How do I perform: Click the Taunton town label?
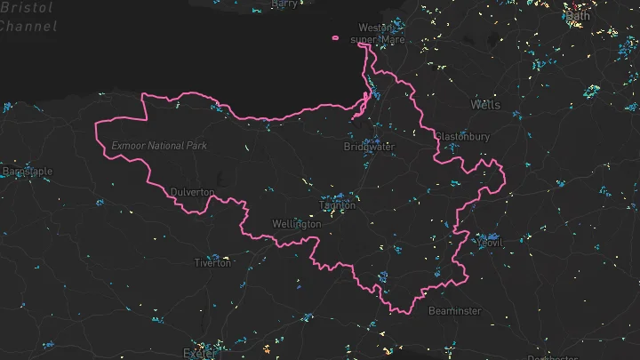click(x=337, y=205)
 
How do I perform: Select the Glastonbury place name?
click(x=462, y=137)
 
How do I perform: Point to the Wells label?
click(x=486, y=105)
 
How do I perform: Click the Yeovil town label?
click(x=489, y=242)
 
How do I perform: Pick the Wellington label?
click(x=296, y=224)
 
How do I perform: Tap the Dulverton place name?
click(x=192, y=192)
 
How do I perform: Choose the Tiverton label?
click(x=212, y=262)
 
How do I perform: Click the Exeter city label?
click(x=199, y=353)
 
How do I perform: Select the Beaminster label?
click(x=454, y=311)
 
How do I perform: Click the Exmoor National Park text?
click(x=159, y=145)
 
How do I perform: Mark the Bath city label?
click(x=578, y=15)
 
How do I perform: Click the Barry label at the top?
click(x=285, y=4)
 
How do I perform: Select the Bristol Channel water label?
click(x=27, y=17)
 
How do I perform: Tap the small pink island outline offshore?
click(x=335, y=37)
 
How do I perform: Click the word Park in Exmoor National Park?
click(x=195, y=145)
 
